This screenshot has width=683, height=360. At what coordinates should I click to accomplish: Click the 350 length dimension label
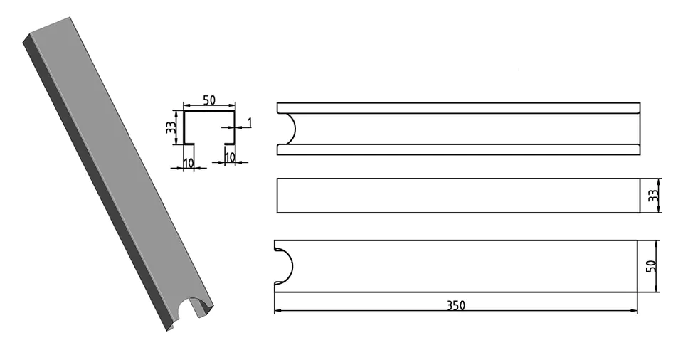pyautogui.click(x=455, y=305)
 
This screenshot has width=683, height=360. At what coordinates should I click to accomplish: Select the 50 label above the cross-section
pyautogui.click(x=209, y=100)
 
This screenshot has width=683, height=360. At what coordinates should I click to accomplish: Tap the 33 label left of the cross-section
pyautogui.click(x=171, y=127)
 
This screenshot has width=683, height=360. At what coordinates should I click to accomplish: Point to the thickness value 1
pyautogui.click(x=249, y=122)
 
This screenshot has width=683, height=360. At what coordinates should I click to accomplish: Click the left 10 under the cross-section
pyautogui.click(x=188, y=163)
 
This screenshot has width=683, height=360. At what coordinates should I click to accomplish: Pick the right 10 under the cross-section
pyautogui.click(x=230, y=157)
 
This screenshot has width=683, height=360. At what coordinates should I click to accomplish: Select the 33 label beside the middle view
pyautogui.click(x=652, y=195)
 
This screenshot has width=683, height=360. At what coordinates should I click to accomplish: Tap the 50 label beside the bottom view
pyautogui.click(x=651, y=266)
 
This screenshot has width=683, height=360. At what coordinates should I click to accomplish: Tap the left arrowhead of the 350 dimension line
pyautogui.click(x=277, y=311)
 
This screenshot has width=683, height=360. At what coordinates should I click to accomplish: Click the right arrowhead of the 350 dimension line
pyautogui.click(x=634, y=311)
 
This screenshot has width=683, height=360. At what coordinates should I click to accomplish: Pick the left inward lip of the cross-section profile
pyautogui.click(x=189, y=144)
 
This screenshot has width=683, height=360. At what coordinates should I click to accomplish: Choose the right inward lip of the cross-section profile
pyautogui.click(x=230, y=144)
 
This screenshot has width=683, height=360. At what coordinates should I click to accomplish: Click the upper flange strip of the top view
pyautogui.click(x=458, y=108)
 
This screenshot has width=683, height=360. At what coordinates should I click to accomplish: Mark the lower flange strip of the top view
pyautogui.click(x=458, y=149)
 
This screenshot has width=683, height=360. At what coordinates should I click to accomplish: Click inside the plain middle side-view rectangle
pyautogui.click(x=458, y=196)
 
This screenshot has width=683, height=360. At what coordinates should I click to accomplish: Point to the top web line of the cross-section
pyautogui.click(x=209, y=112)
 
